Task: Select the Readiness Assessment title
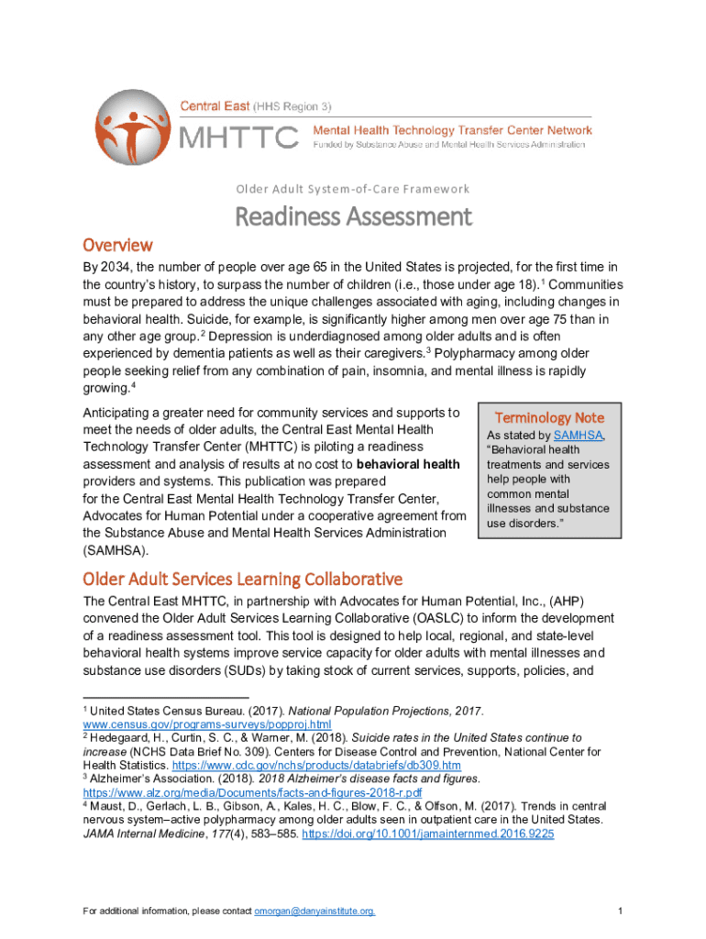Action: tap(354, 217)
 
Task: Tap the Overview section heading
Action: tap(117, 246)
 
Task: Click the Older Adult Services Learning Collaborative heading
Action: tap(243, 579)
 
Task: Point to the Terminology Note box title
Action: tap(549, 417)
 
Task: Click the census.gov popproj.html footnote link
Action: tap(194, 724)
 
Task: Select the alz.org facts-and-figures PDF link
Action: tap(252, 792)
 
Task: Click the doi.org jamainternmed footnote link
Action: tap(428, 834)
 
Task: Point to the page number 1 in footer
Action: tap(621, 911)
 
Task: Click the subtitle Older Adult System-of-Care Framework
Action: tap(353, 189)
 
